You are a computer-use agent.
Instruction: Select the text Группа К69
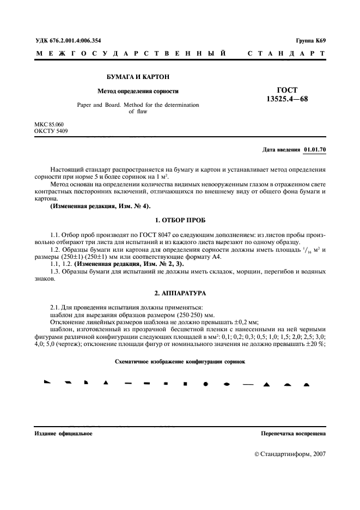point(310,41)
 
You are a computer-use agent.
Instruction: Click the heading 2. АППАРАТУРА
point(180,293)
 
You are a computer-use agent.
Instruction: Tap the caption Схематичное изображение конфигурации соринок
point(180,361)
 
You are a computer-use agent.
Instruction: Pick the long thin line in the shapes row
point(247,384)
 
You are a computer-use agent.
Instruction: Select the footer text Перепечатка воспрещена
point(294,434)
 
